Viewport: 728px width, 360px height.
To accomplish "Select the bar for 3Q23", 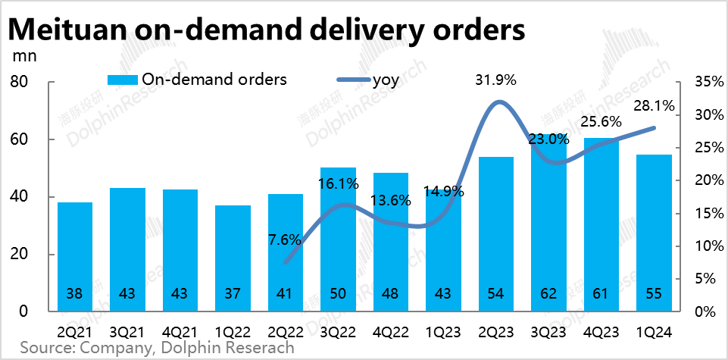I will click(548, 227).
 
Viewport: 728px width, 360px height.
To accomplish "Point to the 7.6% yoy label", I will click(285, 239).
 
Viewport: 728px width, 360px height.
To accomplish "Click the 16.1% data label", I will click(338, 183).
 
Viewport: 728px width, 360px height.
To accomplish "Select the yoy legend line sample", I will click(351, 80).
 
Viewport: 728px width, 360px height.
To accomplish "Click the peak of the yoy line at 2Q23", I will click(496, 102).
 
